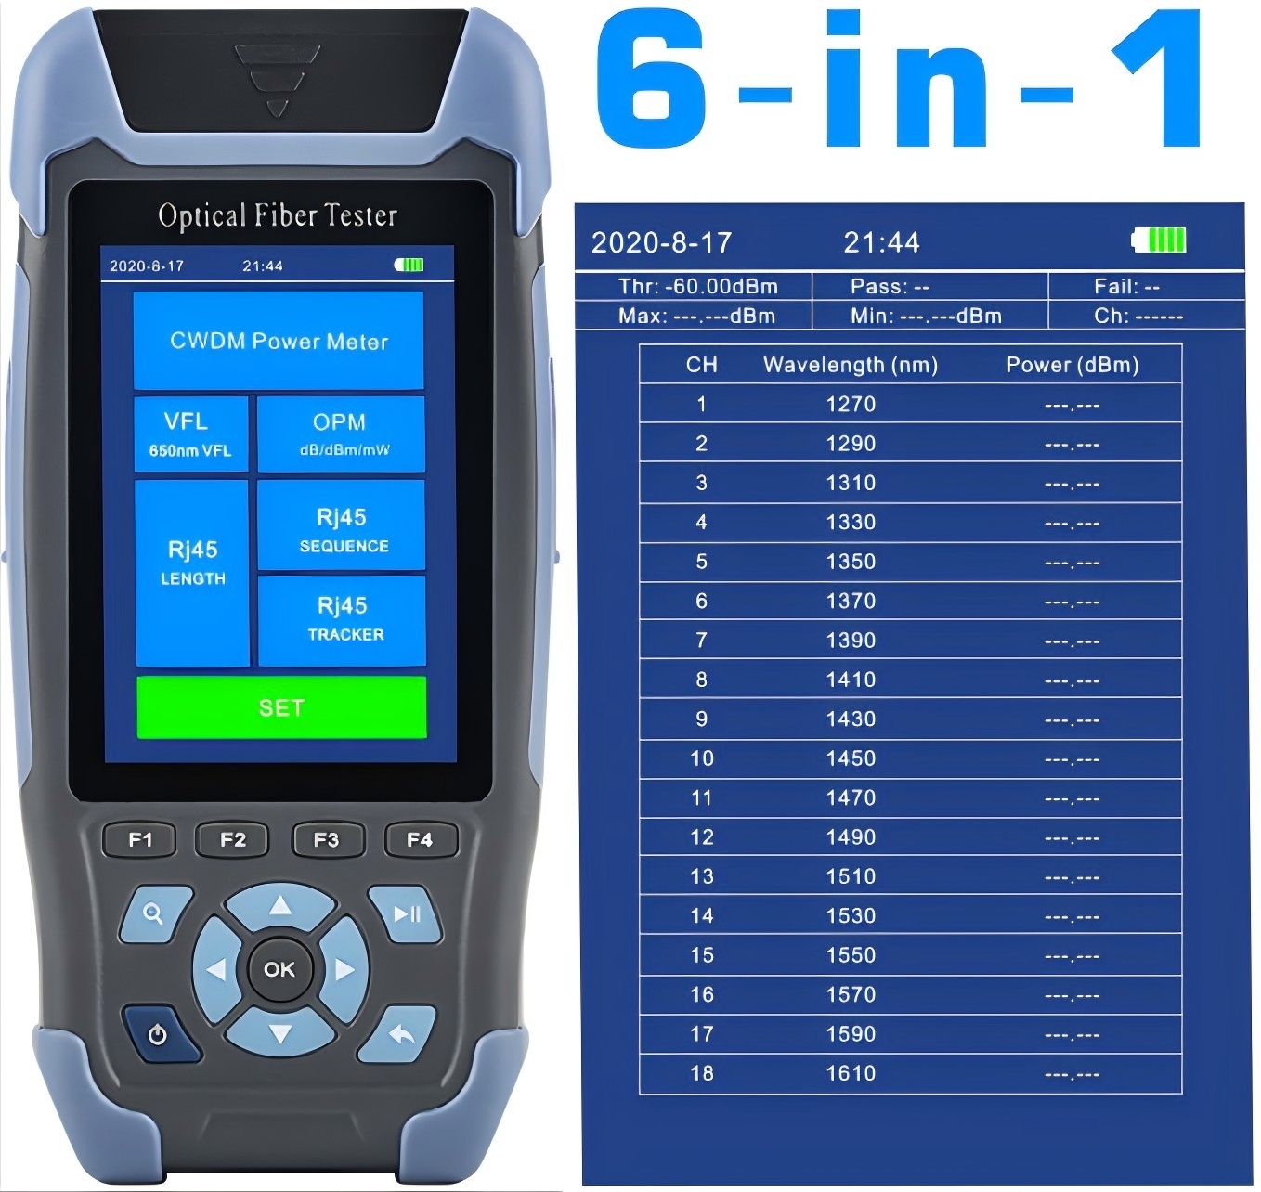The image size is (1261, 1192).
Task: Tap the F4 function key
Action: pos(420,840)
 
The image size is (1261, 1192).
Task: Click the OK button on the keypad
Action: pos(279,969)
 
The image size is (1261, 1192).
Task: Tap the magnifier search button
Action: pos(153,914)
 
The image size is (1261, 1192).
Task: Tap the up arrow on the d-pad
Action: pos(279,906)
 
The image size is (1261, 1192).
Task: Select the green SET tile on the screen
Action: pos(281,707)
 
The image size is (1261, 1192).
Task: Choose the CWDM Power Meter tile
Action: pos(279,341)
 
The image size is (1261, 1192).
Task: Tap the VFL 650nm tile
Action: pos(190,434)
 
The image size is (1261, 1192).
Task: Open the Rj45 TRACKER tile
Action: pos(342,619)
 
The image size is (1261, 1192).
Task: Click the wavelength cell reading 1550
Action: pos(851,955)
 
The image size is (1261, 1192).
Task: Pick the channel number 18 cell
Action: pos(702,1073)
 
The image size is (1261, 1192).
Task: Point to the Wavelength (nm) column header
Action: pos(850,365)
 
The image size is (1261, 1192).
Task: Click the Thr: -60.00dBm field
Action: pos(698,287)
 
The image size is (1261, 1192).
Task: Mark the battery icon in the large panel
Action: pos(1159,240)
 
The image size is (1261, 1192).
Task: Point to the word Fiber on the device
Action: pos(286,215)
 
